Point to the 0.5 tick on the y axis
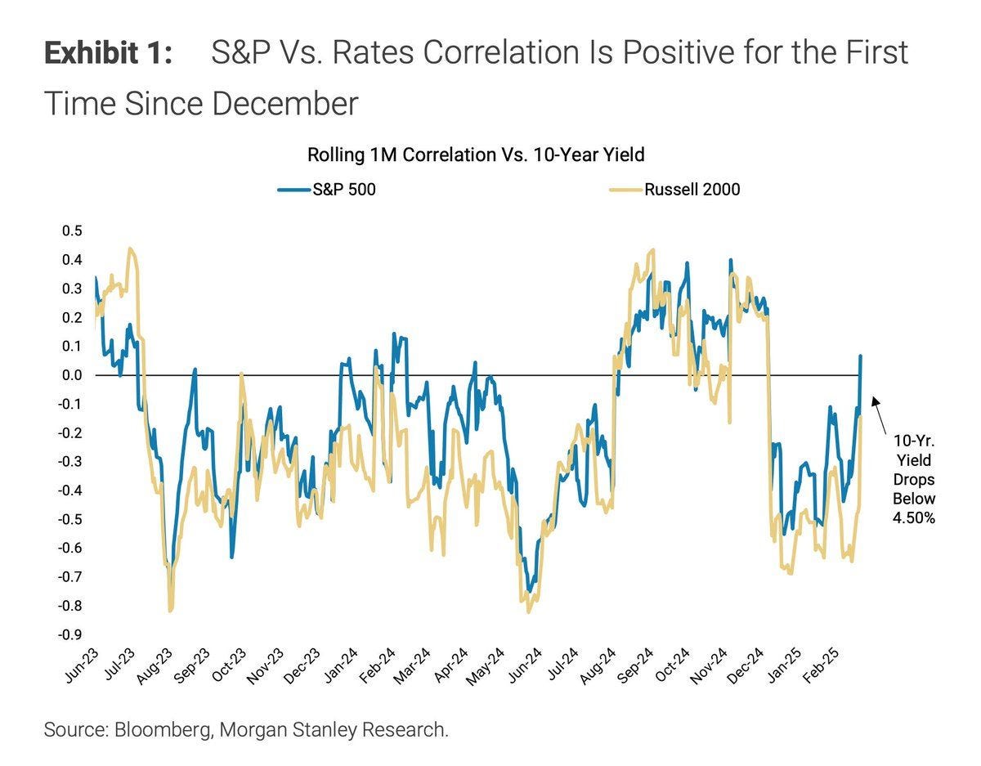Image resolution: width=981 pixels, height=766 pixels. pos(72,231)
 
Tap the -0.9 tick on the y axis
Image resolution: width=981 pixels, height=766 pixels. pos(70,634)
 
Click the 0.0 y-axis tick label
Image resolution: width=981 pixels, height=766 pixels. pos(72,375)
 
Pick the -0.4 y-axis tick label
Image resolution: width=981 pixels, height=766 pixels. pos(70,491)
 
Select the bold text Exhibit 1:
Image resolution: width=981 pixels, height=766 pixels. pos(108,53)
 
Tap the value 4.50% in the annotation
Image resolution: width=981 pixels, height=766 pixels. pos(914,517)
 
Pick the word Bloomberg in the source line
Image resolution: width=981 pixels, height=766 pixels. pos(168,729)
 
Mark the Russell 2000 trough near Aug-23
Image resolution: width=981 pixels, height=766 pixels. pos(170,610)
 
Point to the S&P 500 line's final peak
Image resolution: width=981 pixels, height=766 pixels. pos(861,356)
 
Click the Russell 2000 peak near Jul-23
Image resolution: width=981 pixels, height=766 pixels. pos(131,249)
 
